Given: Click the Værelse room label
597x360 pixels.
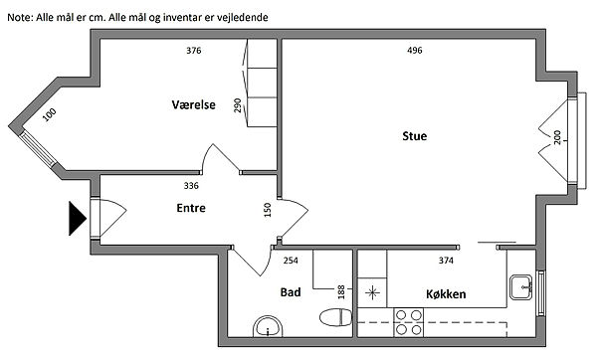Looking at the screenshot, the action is click(x=193, y=104).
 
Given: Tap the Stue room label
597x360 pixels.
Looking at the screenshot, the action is click(x=414, y=136).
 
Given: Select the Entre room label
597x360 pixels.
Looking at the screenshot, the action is click(x=191, y=208).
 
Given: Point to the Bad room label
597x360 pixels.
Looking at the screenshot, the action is click(x=291, y=292).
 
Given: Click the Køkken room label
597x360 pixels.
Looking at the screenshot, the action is click(x=446, y=293).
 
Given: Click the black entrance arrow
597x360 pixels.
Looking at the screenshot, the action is click(x=78, y=219).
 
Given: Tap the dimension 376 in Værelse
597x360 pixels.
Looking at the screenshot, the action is click(x=193, y=51).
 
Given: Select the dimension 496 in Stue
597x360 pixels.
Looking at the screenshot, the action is click(x=414, y=51).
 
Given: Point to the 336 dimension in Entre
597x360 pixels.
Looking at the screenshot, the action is click(x=191, y=185).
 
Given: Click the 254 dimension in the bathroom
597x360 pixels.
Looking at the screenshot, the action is click(x=291, y=261).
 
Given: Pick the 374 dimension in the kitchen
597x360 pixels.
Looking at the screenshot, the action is click(x=446, y=261).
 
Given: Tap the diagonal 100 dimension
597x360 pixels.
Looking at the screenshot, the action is click(x=49, y=114).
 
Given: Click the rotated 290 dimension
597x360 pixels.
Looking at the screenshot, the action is click(x=238, y=105).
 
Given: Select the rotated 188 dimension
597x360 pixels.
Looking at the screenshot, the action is click(x=341, y=292).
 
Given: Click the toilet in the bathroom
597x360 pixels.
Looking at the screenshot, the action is click(x=336, y=317).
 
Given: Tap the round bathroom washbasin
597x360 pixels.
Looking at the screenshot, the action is click(x=268, y=327).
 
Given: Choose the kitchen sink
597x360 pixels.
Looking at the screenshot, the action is click(x=520, y=287).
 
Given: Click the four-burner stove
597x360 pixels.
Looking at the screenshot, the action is click(x=409, y=322).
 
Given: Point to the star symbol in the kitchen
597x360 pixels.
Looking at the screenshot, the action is click(x=372, y=293).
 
